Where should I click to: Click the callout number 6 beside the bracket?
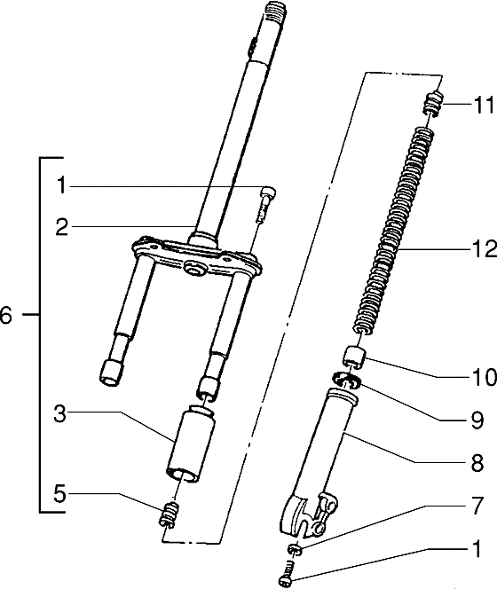coord(7,315)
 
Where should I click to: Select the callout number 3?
coord(59,413)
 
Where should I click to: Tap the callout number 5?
coord(59,497)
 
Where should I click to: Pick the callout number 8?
coord(477,462)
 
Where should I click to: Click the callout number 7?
coord(477,506)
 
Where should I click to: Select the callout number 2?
coord(59,228)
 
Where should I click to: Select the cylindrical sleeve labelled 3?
coord(189,444)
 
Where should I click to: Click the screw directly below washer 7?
coord(287,575)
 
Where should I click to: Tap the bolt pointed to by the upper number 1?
coord(264,203)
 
